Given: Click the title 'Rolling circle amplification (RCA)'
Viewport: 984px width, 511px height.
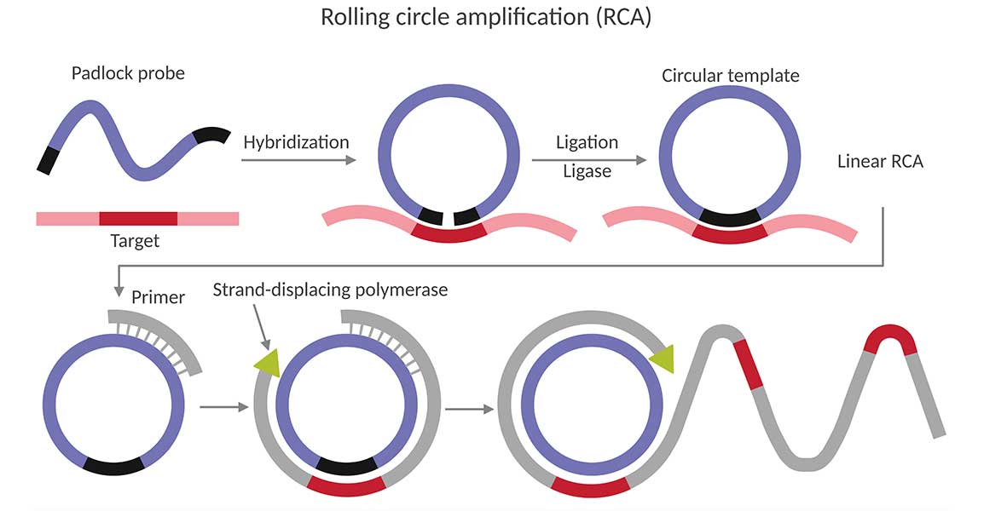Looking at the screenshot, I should tap(485, 17).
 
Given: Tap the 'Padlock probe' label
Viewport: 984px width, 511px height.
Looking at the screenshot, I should tap(128, 73).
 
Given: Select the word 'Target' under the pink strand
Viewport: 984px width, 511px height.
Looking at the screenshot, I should tap(135, 241).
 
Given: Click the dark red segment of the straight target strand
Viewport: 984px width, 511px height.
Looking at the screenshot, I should tap(138, 218).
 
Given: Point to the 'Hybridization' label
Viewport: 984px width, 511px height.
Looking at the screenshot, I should tap(296, 142).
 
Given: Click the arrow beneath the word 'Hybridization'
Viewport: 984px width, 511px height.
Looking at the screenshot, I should tap(298, 159).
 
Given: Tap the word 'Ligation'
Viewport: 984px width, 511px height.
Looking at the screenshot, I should tap(587, 142).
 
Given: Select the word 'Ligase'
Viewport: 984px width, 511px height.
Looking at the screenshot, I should tap(587, 171).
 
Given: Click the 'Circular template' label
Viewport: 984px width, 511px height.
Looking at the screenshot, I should tap(731, 76).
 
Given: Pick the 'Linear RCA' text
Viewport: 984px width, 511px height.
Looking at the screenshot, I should tap(880, 162).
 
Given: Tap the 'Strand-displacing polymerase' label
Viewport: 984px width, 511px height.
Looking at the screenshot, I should tap(330, 290).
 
